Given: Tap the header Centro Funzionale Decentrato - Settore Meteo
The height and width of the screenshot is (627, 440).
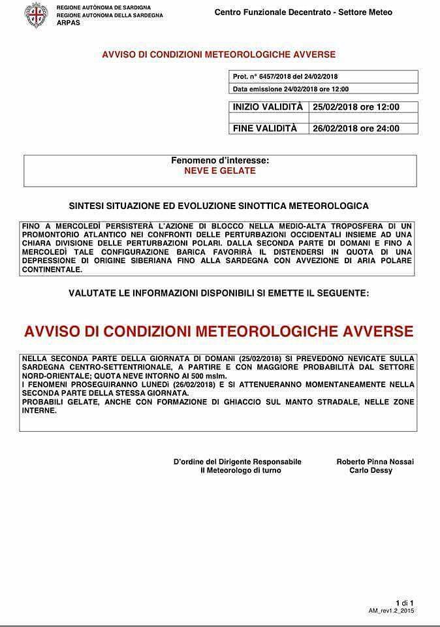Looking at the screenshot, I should tap(304, 12).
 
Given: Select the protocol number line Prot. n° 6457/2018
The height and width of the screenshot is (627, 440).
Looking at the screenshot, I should tap(285, 77).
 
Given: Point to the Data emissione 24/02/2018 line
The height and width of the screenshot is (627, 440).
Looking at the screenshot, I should tap(291, 89).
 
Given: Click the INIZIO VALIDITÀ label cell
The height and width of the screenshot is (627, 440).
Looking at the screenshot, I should tap(268, 107).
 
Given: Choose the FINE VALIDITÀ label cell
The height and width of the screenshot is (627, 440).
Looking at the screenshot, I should tap(264, 128).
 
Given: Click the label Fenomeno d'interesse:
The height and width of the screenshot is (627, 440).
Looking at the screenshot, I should tap(220, 160).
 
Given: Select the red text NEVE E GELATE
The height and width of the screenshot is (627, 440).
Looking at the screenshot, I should tap(220, 171).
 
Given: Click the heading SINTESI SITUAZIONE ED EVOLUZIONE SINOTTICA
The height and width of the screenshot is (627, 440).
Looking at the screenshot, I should tap(219, 206).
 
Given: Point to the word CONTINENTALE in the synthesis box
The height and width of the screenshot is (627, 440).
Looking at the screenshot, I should tap(51, 269).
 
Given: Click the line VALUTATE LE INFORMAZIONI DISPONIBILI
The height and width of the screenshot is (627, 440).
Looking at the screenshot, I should tap(219, 294).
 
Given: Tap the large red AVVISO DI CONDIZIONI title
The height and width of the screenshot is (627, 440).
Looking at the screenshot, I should tap(219, 331).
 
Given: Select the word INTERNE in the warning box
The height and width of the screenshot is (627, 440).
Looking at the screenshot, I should tap(40, 411).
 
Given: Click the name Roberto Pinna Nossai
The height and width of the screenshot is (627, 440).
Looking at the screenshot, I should tap(375, 462).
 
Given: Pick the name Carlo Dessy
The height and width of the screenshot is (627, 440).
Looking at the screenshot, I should tap(370, 470).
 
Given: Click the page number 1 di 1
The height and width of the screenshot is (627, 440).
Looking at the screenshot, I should tap(404, 602).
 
